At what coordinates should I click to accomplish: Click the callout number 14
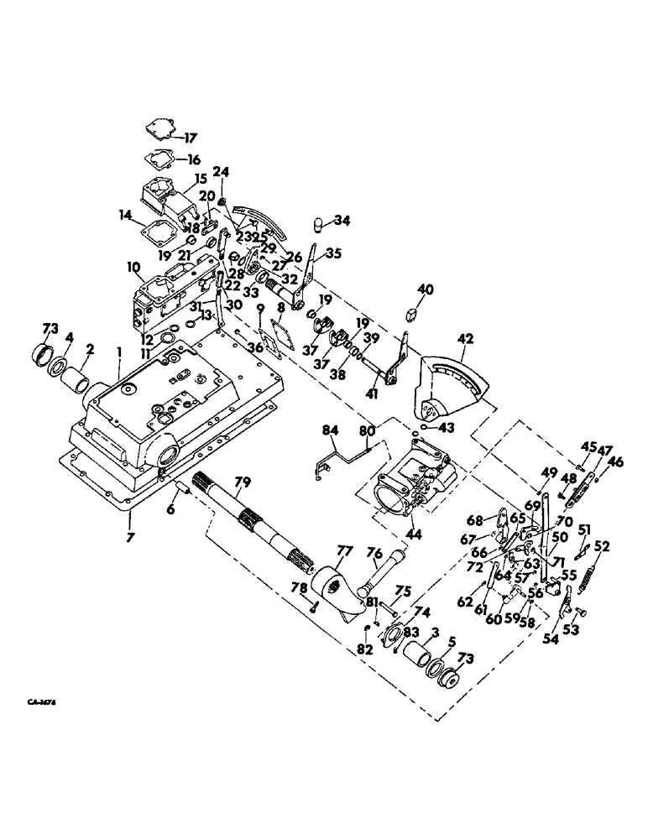[128, 216]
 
